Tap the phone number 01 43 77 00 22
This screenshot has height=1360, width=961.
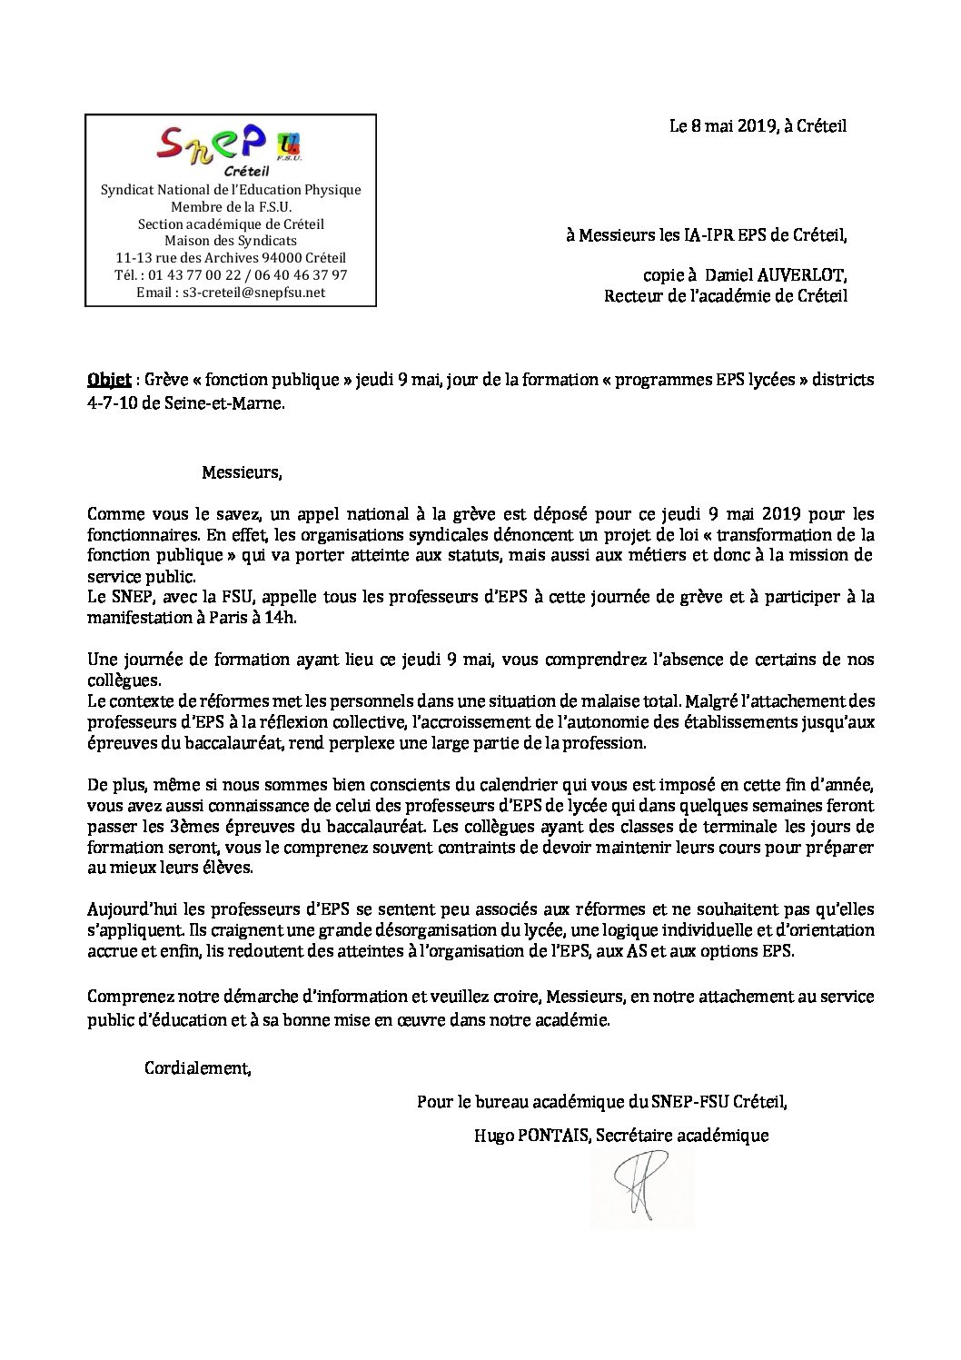186,275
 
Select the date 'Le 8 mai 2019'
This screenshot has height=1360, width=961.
723,127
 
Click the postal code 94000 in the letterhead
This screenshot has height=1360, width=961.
291,258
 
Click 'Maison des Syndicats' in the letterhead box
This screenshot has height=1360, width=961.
230,241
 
